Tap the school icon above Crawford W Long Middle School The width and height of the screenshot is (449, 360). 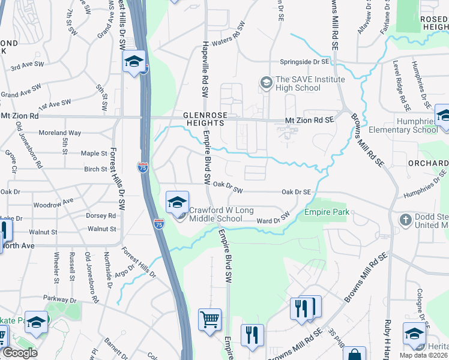pos(178,203)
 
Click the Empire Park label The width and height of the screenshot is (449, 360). pos(327,213)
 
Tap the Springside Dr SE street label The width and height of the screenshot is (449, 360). pos(305,62)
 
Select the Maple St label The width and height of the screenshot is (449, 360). pos(93,154)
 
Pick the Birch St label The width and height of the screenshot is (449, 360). pos(95,169)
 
